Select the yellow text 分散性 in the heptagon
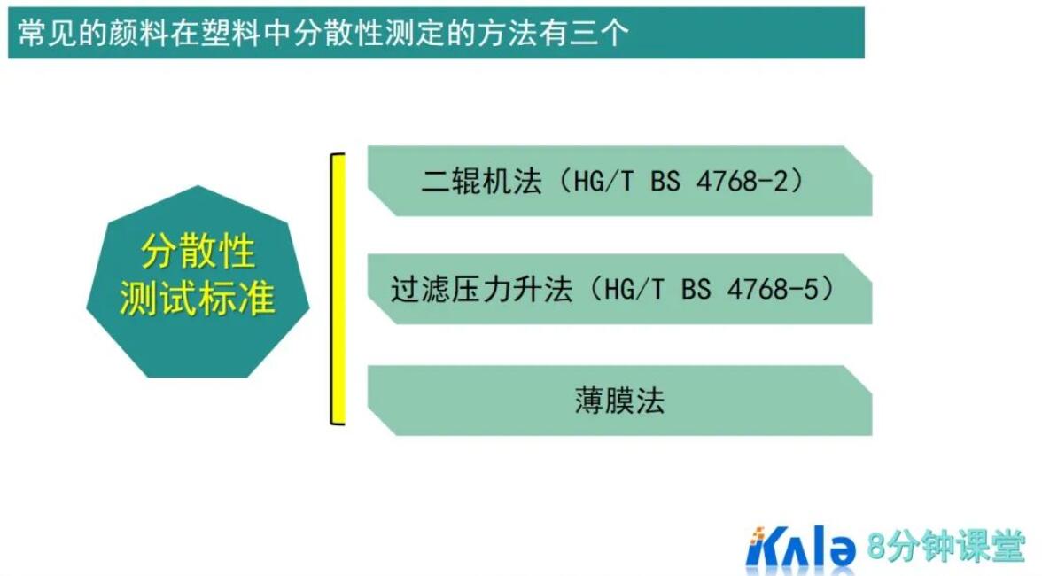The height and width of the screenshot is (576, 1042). [x=198, y=253]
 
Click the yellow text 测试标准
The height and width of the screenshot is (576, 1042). [x=198, y=300]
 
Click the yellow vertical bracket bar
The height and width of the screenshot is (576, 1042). [x=337, y=289]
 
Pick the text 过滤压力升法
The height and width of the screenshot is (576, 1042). [x=482, y=290]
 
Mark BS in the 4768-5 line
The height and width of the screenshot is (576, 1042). [x=696, y=290]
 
